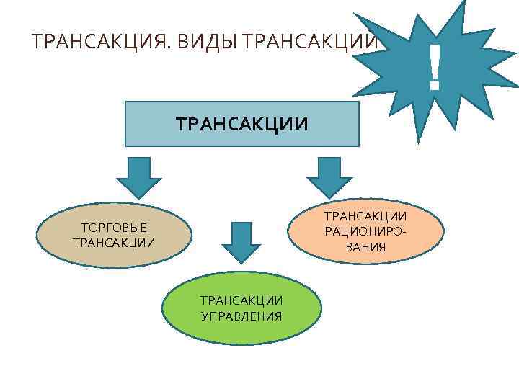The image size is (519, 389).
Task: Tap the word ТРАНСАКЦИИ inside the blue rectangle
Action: point(242,125)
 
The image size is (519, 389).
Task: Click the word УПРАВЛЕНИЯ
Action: point(241,316)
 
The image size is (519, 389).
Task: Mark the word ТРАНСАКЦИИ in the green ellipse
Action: point(241,300)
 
